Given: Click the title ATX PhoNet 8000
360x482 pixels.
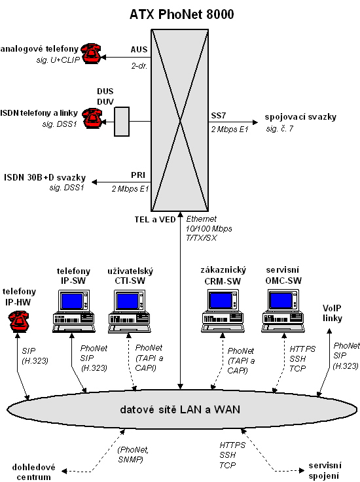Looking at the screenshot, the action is click(x=181, y=14).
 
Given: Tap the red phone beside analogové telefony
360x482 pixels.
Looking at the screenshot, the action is click(x=91, y=54).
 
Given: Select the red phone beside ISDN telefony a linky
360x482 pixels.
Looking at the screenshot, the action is click(x=92, y=118).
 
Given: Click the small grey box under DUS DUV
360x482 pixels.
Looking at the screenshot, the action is click(x=122, y=122).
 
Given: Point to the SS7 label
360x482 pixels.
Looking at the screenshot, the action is click(x=219, y=116).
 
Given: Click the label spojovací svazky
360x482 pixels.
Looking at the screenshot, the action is click(x=300, y=117).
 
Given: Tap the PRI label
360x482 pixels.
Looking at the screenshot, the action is click(x=138, y=175).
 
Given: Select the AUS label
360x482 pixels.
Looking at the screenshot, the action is click(x=139, y=49).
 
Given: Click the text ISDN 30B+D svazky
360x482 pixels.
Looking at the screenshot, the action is click(x=45, y=177).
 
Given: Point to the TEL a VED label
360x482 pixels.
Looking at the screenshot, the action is click(x=155, y=220).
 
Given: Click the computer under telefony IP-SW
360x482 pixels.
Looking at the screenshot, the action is click(x=73, y=311).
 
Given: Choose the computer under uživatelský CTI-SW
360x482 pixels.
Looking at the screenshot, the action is click(x=129, y=311).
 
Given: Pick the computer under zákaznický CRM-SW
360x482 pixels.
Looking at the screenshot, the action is click(x=223, y=311).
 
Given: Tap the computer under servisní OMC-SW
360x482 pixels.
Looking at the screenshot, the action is click(x=283, y=311).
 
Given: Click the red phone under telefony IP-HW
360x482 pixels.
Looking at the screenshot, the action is click(x=18, y=322).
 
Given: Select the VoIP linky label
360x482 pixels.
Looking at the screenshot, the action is click(x=333, y=313).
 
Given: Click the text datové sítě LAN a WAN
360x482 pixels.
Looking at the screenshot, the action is click(x=180, y=409).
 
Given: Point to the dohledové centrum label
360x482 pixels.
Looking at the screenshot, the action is click(x=34, y=472).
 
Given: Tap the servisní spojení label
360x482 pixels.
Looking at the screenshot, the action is click(x=325, y=471).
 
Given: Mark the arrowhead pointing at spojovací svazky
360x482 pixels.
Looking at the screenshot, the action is click(x=255, y=122).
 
